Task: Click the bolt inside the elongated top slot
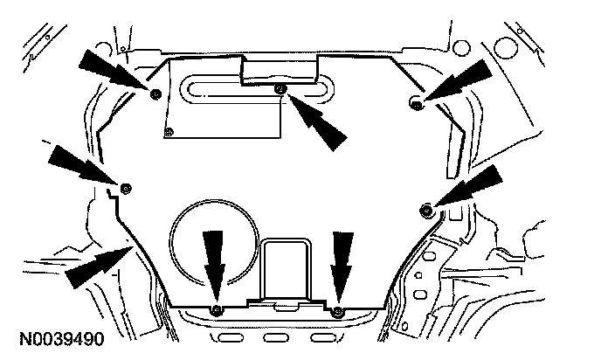(x=280, y=89)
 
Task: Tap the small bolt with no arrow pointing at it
(x=169, y=132)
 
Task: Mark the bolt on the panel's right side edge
(x=426, y=208)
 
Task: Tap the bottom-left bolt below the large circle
(x=217, y=311)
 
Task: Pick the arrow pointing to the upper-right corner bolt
(x=459, y=81)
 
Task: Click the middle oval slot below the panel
(x=278, y=336)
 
